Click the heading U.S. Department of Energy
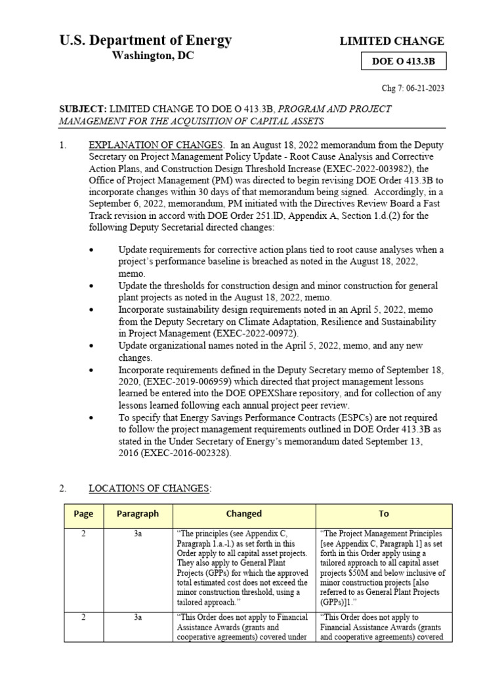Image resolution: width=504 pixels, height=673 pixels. point(145,41)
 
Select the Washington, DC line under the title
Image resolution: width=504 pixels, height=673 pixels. point(153,57)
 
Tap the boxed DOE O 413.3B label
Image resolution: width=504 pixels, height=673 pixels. point(404,62)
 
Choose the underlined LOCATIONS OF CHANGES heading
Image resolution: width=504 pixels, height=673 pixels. point(150,488)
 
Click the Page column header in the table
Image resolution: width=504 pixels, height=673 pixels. point(83,514)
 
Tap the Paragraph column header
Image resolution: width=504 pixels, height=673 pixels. point(138,514)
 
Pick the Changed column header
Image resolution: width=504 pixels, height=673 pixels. point(243,514)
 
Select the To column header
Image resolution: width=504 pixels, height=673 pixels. point(384,514)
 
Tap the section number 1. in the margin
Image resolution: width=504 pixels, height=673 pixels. point(63,146)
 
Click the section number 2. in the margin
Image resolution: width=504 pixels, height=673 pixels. point(63,488)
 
